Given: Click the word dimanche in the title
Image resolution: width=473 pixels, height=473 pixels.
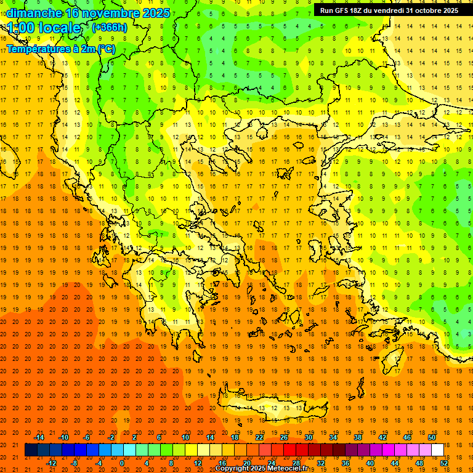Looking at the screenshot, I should pos(34,12).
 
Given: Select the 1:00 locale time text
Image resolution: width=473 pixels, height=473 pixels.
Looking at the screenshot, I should pos(44,28).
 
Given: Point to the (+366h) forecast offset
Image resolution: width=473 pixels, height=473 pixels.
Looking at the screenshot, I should pos(110,28).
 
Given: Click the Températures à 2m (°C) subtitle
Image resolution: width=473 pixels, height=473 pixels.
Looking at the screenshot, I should pos(60,49).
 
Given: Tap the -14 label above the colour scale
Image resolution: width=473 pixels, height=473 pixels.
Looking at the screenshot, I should pos(39,437).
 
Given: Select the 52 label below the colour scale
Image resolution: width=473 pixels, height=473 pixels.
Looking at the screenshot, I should pos(445,463).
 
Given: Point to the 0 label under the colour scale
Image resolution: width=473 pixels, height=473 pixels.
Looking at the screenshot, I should pos(122,463).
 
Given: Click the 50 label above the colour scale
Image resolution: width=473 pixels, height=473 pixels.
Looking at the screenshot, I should pos(431,437).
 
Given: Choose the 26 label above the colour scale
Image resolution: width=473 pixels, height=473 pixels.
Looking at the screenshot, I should pos(284,437).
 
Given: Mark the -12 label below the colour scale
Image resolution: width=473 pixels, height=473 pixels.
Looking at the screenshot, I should pos(51,463).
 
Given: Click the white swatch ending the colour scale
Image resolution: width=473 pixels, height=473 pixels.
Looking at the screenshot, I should pos(437,450).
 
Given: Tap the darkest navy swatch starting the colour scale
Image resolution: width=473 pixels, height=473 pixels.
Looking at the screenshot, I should pos(31,450).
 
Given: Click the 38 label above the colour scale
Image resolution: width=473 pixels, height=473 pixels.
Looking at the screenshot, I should pos(358,437).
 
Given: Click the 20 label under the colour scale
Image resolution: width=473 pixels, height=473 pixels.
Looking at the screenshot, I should pos(247,463).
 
